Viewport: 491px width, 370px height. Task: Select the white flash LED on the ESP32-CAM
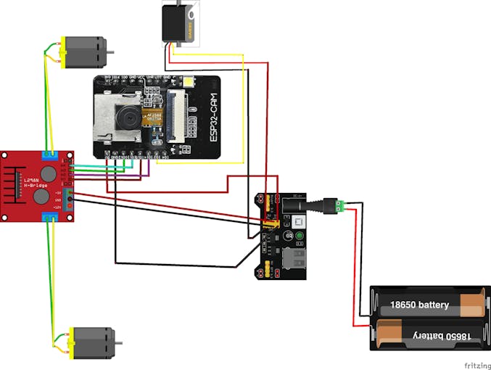(x=191, y=83)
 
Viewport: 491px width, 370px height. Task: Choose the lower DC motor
(x=91, y=341)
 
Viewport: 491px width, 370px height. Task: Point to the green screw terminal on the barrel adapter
(x=337, y=206)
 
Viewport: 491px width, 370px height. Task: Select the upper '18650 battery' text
(x=419, y=305)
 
